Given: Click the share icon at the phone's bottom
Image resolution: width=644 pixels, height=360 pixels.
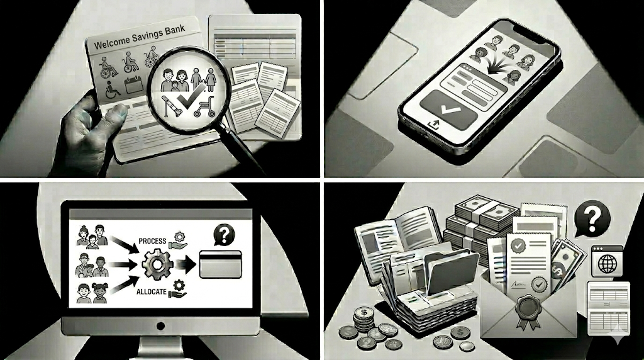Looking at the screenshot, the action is coord(434,124).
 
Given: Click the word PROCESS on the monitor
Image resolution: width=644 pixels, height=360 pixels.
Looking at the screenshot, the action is coord(152,241).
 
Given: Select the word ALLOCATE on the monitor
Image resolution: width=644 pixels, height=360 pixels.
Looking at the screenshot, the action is coord(152,292).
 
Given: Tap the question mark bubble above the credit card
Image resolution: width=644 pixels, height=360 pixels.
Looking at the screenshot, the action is coord(224,235).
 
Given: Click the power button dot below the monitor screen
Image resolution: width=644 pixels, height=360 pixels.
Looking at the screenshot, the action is coord(160,326).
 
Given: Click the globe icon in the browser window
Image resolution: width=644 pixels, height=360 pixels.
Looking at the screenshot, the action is coord(608,264).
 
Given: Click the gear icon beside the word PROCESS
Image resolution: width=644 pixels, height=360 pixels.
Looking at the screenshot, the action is coord(179,237).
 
